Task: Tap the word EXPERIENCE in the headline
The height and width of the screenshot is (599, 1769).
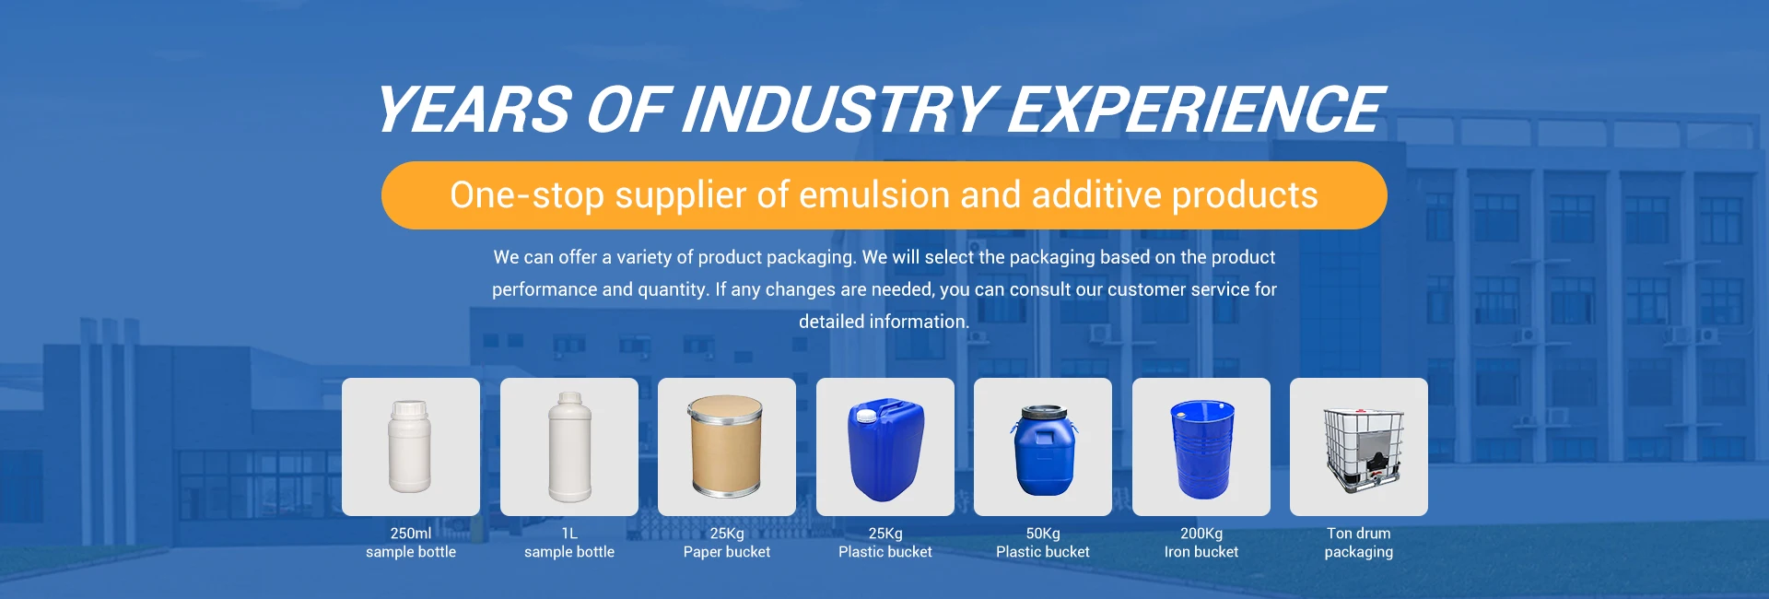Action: click(x=1195, y=110)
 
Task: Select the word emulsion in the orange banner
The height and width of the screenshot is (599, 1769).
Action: click(x=874, y=195)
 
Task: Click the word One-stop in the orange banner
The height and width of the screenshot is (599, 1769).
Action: click(x=527, y=195)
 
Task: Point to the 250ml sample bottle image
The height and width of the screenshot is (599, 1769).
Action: click(x=410, y=447)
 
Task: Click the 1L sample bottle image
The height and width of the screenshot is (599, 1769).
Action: click(x=569, y=447)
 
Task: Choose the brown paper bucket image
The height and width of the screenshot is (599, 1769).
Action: click(x=726, y=447)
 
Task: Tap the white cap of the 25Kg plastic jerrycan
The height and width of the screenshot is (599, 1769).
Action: click(x=866, y=416)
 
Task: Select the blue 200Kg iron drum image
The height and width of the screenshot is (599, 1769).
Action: click(x=1201, y=449)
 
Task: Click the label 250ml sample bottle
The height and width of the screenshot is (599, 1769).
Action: click(x=411, y=543)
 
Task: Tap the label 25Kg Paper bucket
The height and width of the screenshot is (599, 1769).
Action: click(x=727, y=543)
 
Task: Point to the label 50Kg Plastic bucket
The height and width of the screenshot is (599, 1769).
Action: click(x=1043, y=543)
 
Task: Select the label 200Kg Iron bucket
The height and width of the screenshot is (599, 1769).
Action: click(x=1201, y=543)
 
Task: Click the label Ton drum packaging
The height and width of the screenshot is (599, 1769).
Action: click(x=1359, y=543)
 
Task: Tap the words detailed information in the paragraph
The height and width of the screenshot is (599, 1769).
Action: click(x=884, y=322)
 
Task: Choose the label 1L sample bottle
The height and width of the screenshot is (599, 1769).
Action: click(x=569, y=543)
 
